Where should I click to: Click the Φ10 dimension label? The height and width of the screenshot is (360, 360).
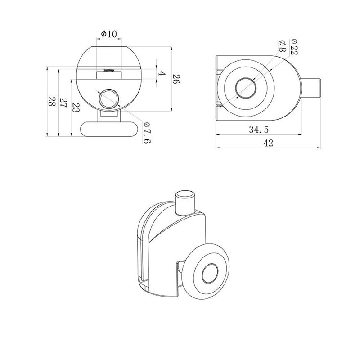click(x=109, y=34)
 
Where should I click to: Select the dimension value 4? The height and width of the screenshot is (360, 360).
click(x=162, y=74)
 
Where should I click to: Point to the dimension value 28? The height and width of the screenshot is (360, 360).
click(x=52, y=101)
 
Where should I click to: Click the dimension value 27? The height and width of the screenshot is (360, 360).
click(x=63, y=103)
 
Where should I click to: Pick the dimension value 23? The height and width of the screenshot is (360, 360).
click(x=76, y=107)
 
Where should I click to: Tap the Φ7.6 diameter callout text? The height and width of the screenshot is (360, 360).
click(x=147, y=132)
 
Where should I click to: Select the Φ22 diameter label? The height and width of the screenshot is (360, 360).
click(x=294, y=47)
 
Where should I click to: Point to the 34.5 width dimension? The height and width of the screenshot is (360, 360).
click(x=259, y=130)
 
